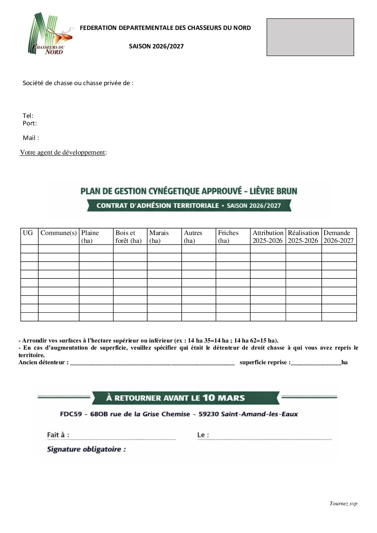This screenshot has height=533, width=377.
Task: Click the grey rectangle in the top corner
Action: pos(310,37)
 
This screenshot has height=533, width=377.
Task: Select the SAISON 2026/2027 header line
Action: pos(156,46)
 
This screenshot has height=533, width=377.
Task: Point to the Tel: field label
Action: pos(28,116)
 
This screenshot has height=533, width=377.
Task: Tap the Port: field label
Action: pos(30,123)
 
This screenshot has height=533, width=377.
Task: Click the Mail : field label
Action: pos(31,138)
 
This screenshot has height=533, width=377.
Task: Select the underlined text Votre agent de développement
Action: pos(62,152)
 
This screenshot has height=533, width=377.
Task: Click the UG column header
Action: pos(28,233)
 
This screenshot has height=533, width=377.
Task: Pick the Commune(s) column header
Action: pos(58,233)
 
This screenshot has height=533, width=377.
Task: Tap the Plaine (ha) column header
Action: pos(90,236)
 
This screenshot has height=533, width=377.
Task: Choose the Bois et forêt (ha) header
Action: pos(128,236)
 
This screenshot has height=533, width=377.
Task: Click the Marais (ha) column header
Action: pos(159,236)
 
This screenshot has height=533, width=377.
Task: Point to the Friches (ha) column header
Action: pos(228,236)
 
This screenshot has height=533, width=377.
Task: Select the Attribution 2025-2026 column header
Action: pos(268,236)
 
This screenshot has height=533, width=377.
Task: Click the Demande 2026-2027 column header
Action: pos(338,236)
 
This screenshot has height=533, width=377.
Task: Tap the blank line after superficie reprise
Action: pos(316,363)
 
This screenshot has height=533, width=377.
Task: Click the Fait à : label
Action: pos(58,435)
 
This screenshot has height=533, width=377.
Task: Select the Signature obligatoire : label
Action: pos(86,449)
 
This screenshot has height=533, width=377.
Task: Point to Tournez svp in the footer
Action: pos(343,503)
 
